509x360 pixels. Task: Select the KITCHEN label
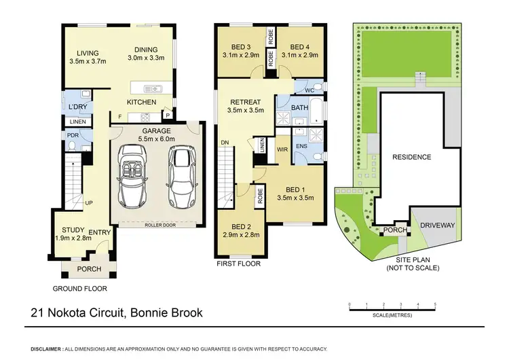[142, 102]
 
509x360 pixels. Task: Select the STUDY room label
[68, 230]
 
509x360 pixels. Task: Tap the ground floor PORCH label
[88, 269]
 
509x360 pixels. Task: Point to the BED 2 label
[242, 227]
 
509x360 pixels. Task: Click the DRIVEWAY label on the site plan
[437, 224]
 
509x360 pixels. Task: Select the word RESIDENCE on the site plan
[412, 157]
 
